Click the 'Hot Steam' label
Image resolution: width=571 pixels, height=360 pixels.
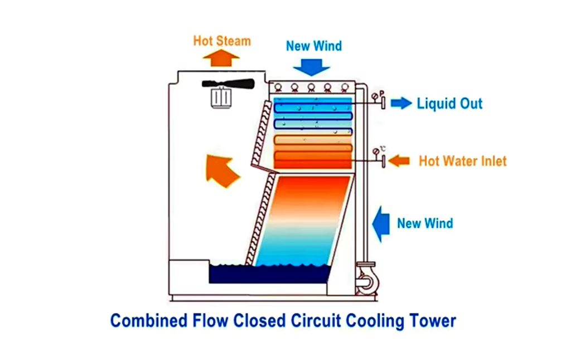221,41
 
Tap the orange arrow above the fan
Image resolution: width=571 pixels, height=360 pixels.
221,57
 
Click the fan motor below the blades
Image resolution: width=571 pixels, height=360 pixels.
221,99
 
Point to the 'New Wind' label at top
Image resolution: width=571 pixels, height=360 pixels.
313,46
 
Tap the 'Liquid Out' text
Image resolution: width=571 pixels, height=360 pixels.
449,104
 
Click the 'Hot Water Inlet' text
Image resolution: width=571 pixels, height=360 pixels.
462,162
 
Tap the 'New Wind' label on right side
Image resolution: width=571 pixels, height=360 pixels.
424,223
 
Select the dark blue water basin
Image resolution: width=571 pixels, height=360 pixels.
268,274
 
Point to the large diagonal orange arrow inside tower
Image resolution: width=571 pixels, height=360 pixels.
222,169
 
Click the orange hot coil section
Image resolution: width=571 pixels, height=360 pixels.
313,152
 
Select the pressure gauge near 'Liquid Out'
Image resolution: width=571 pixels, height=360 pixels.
375,96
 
